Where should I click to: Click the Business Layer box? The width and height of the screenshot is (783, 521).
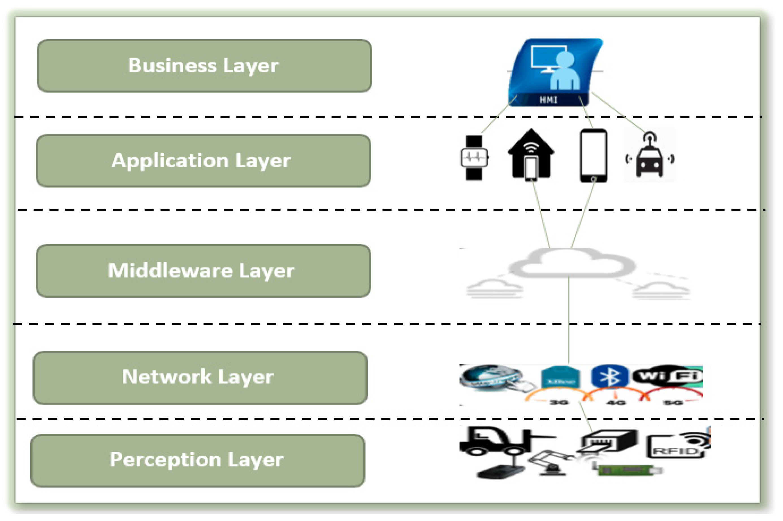[204, 66]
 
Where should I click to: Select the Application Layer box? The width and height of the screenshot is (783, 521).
[203, 161]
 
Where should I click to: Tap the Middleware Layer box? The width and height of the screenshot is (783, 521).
[203, 271]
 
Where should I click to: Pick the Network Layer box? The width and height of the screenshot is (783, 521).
[200, 378]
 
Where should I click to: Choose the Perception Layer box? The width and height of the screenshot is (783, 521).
[197, 461]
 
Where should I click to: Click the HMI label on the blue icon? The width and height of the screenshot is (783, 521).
[548, 99]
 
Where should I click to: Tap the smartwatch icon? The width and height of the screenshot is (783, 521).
[474, 158]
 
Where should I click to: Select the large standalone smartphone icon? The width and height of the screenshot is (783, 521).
[593, 155]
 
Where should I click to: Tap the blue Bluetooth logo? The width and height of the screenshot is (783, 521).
[610, 377]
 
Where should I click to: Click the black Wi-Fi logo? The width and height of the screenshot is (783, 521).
[668, 376]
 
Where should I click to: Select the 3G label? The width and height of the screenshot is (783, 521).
[559, 402]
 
